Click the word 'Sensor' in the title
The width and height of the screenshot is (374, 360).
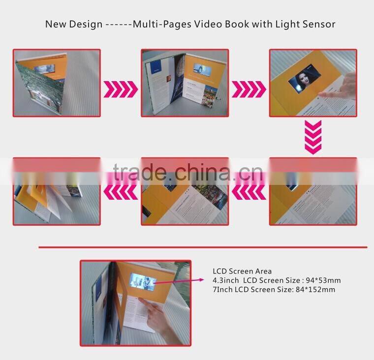coord(318,24)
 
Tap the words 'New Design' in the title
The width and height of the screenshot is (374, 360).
coord(74,24)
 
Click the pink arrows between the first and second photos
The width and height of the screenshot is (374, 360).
coord(121,89)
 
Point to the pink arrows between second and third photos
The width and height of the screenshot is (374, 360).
coord(249,89)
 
